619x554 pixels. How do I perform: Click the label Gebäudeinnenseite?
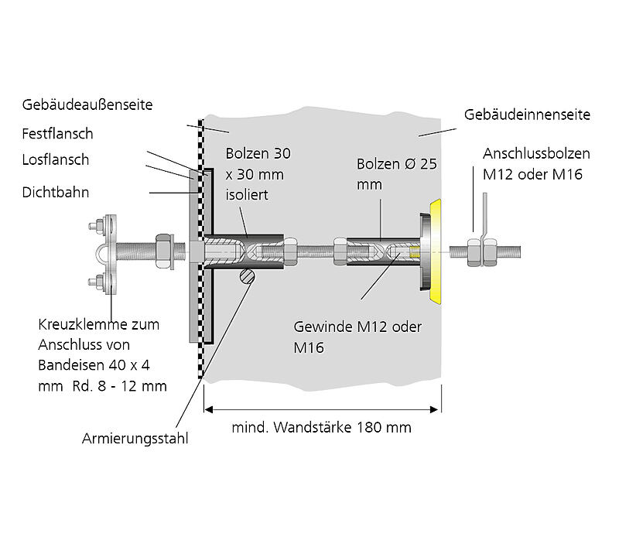coord(528,115)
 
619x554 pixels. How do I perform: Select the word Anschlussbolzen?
coord(536,153)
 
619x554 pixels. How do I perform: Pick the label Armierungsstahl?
coord(135,439)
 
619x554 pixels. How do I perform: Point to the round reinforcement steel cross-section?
coord(247,277)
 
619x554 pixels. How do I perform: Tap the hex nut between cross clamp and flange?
coord(166,249)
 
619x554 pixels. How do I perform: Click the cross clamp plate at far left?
coord(109,254)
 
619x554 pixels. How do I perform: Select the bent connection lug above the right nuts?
coord(483,217)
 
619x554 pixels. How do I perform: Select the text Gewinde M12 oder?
coord(357,327)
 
